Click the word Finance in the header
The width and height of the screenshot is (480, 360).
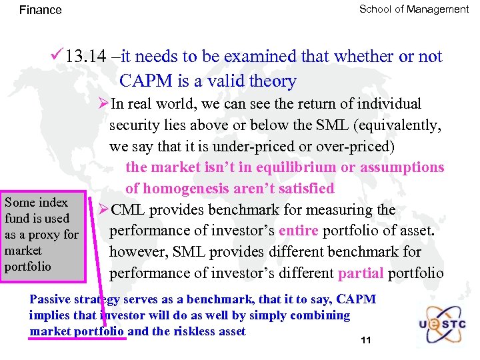[41, 10]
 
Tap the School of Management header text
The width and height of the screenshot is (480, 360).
[414, 9]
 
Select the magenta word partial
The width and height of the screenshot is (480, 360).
[361, 273]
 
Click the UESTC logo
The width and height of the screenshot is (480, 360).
[441, 321]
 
